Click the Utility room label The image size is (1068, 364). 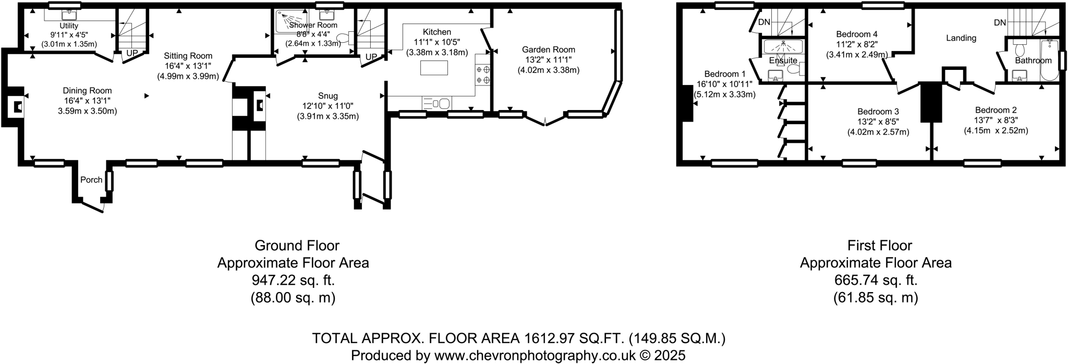pos(69,26)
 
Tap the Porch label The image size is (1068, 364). pos(91,180)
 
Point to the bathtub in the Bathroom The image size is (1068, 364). pos(1049,60)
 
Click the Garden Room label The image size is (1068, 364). pos(549,50)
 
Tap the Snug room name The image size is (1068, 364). pos(328,96)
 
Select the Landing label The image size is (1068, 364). pos(961,38)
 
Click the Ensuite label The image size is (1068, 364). pos(783,60)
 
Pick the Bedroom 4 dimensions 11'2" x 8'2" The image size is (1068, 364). pos(857,45)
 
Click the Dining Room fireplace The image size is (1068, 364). pos(17,106)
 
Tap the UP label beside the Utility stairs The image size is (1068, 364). pos(132,53)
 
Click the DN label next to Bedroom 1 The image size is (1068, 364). pos(764,22)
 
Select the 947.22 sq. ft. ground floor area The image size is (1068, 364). pos(293,280)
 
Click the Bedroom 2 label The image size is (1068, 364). pos(996,110)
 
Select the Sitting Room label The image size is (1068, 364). pos(188,56)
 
